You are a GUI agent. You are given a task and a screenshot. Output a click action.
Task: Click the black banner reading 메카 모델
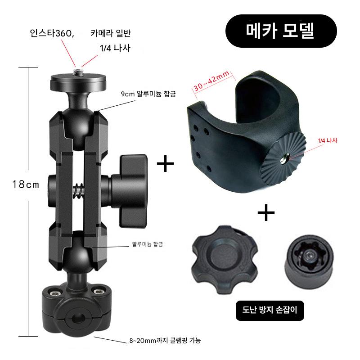(x=281, y=31)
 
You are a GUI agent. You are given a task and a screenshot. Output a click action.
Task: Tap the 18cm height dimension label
(x=26, y=184)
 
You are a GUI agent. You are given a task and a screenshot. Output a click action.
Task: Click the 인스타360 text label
(x=52, y=33)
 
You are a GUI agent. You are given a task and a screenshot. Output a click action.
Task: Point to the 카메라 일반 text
(x=111, y=33)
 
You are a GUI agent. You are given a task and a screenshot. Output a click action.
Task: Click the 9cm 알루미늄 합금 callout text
(x=148, y=94)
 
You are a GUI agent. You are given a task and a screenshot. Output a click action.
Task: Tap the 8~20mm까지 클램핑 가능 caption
(x=165, y=340)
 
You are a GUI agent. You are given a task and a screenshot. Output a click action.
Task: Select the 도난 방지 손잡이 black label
(x=270, y=310)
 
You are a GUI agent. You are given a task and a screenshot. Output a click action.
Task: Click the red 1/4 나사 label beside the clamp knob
(x=328, y=140)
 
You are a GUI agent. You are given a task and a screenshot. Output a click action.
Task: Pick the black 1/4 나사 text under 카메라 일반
(x=115, y=48)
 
